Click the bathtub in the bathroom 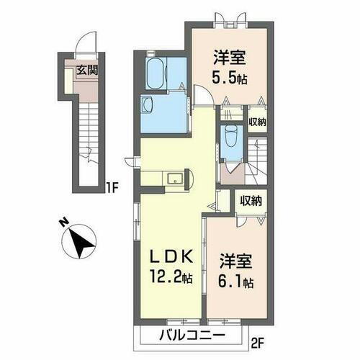point(156,73)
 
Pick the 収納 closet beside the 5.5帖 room point(257,121)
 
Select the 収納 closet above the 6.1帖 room point(251,201)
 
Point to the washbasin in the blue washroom point(148,104)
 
